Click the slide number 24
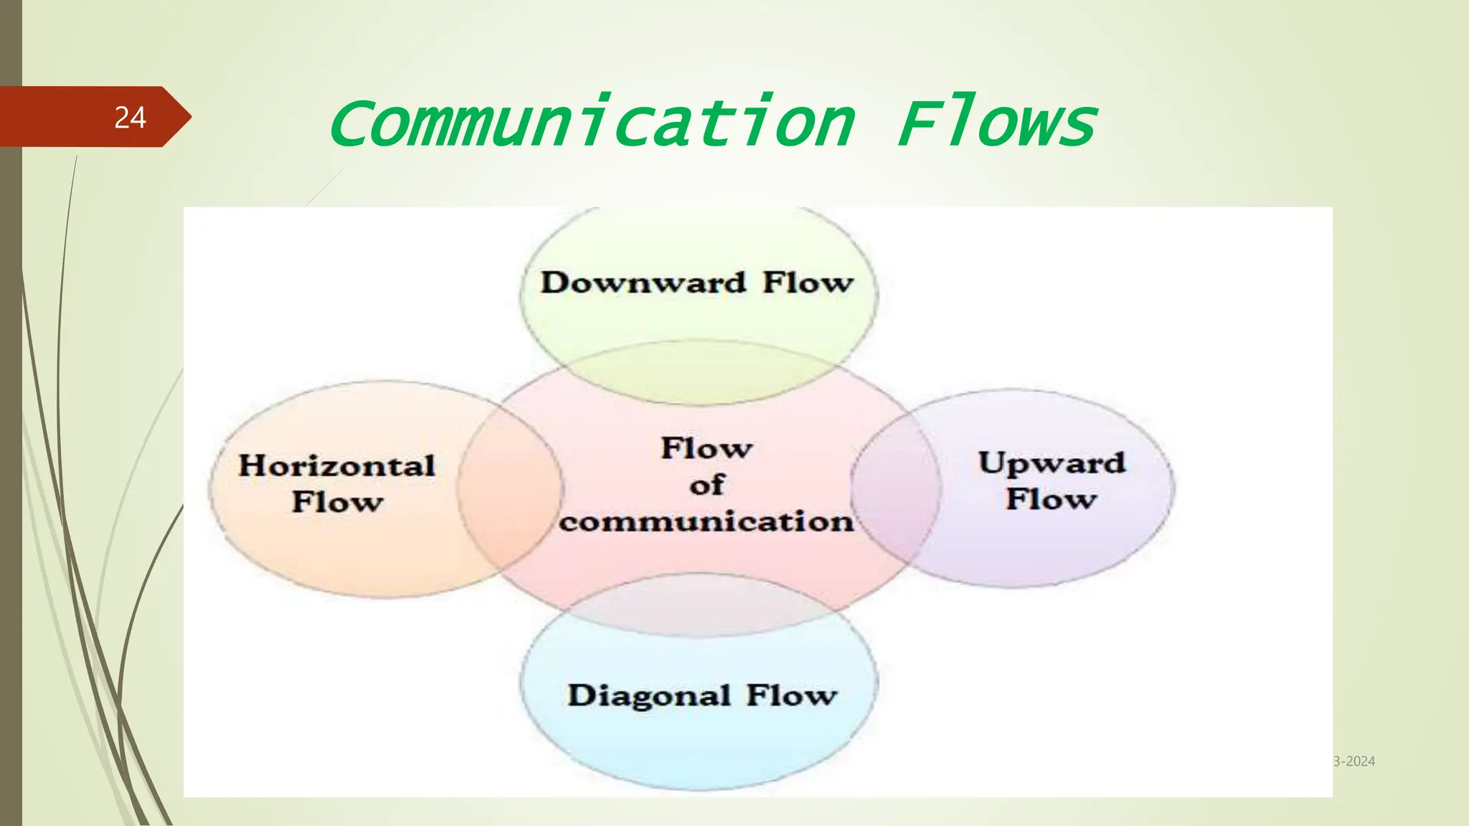pos(130,118)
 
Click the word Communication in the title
pos(592,123)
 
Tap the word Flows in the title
pos(997,123)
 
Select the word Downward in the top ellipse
pos(643,283)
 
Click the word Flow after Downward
pos(808,283)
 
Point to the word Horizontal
pos(337,466)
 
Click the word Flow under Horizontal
pos(337,502)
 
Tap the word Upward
pos(1052,463)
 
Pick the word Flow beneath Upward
pos(1052,499)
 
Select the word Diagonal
pos(649,696)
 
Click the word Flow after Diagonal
pos(791,696)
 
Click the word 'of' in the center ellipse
pos(707,485)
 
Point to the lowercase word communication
pos(707,522)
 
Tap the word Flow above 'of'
pos(707,449)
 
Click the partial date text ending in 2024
pos(1354,761)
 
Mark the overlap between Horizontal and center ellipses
pos(510,488)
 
